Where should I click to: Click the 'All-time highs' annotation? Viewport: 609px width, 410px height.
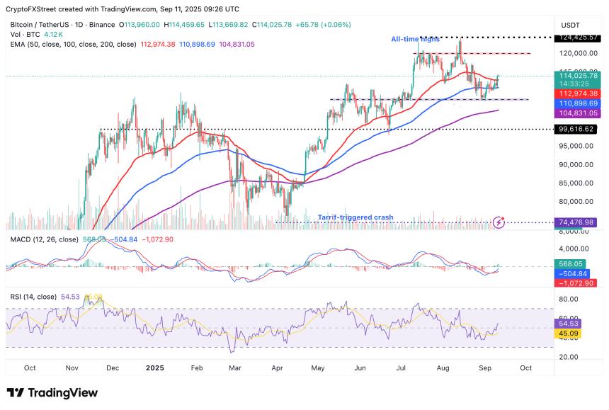point(416,39)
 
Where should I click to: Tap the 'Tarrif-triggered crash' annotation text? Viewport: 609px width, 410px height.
point(351,217)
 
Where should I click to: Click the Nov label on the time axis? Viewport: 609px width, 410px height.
point(72,368)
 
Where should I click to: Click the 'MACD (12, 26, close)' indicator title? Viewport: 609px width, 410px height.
point(45,239)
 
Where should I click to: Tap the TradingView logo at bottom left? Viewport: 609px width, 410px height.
point(52,393)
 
